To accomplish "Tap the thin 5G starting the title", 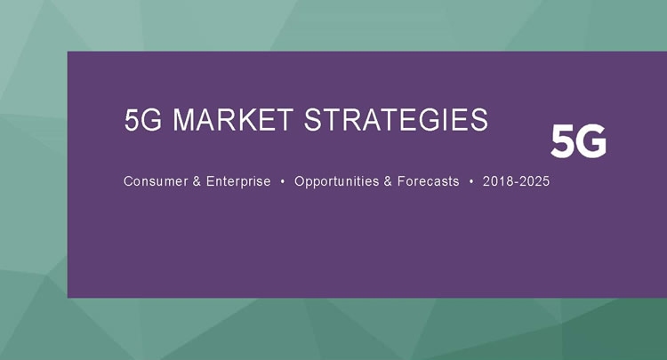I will [143, 122].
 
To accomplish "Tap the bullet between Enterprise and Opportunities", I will [283, 181].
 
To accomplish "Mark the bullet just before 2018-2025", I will [471, 181].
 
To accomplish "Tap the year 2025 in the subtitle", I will [534, 181].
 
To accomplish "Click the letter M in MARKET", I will [183, 122].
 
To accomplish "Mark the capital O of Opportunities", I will [300, 181].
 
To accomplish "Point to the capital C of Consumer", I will [128, 181].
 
